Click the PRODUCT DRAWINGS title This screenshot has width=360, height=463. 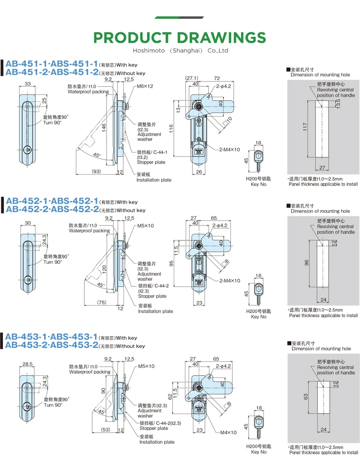pyautogui.click(x=180, y=38)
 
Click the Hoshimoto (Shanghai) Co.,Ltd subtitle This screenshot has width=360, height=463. pyautogui.click(x=180, y=50)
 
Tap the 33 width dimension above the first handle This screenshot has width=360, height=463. pyautogui.click(x=28, y=84)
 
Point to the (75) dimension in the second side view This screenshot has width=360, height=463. pyautogui.click(x=101, y=302)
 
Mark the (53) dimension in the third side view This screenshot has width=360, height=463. pyautogui.click(x=106, y=430)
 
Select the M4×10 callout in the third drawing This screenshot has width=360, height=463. pyautogui.click(x=228, y=432)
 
